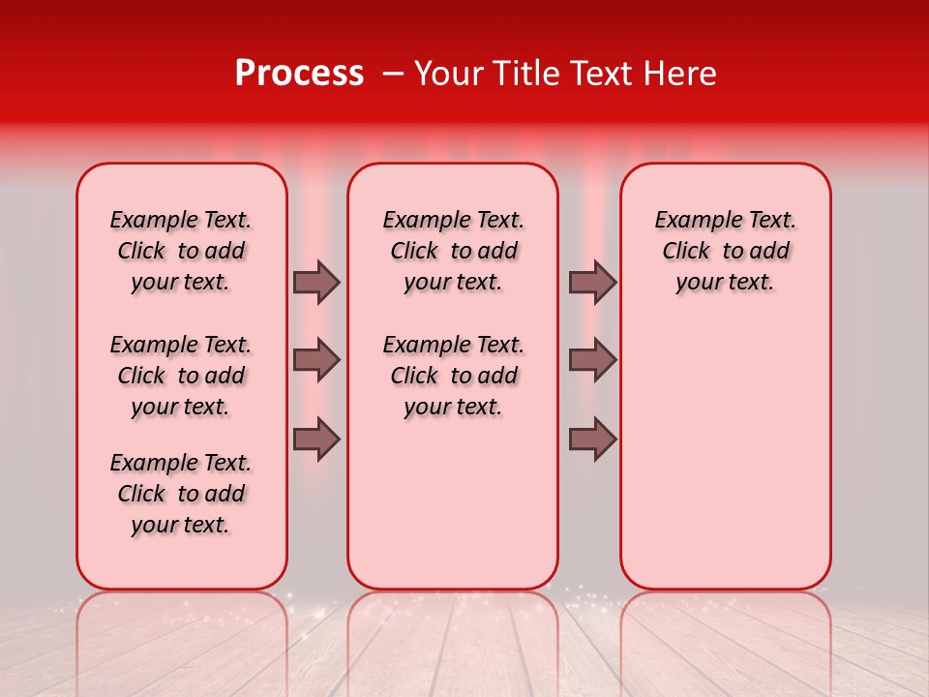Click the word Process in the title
(x=299, y=74)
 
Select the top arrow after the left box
(x=316, y=282)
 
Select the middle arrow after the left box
(x=316, y=360)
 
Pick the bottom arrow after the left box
(x=316, y=439)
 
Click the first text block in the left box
(x=181, y=251)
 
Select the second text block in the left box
(x=181, y=376)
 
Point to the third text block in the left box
(x=181, y=494)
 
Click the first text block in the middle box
(x=453, y=251)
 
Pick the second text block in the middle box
(x=453, y=376)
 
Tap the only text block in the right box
(x=725, y=251)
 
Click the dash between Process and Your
(x=393, y=74)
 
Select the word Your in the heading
(x=449, y=74)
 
